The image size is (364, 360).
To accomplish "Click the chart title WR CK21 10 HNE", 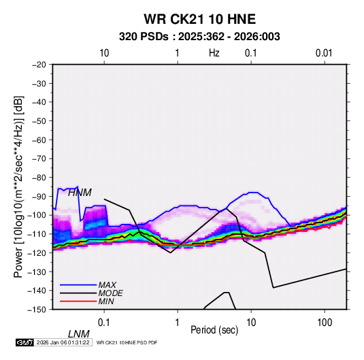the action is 199,19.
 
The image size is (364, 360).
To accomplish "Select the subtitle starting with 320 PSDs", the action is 199,37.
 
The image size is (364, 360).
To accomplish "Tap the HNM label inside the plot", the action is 80,193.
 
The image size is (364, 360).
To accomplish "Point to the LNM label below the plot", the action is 79,334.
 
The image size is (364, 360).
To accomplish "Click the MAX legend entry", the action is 107,284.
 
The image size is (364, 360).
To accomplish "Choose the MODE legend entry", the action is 110,293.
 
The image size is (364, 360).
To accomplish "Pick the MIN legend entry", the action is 106,301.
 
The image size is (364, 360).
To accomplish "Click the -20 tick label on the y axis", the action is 39,65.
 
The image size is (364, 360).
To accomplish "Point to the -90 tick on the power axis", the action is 39,196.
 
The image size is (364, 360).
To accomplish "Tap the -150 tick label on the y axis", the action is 37,310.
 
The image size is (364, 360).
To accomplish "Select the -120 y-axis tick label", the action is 37,252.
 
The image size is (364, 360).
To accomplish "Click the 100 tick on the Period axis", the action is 325,323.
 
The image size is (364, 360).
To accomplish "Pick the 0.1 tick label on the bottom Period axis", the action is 104,323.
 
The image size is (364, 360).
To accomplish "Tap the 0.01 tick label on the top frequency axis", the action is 324,53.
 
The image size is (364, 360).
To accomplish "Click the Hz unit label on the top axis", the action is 214,53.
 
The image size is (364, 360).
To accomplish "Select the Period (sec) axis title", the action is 214,330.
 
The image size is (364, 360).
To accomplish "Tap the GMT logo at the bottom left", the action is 24,342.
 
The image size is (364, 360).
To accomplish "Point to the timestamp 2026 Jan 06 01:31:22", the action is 63,342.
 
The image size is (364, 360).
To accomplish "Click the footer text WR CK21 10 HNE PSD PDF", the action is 127,342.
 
